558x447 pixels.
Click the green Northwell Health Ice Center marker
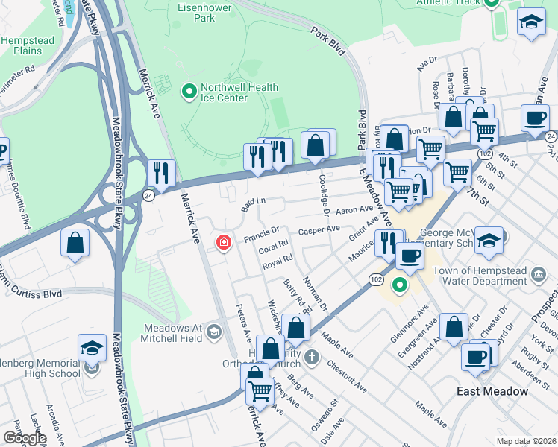tap(189, 92)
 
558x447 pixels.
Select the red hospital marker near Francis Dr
tap(222, 243)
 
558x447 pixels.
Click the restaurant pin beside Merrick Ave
tap(161, 174)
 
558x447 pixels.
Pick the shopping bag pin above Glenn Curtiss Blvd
tap(75, 244)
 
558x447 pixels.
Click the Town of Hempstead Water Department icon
tap(537, 276)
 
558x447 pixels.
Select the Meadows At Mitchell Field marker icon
tap(214, 331)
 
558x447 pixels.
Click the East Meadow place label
tap(492, 391)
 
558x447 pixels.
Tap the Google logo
tap(24, 438)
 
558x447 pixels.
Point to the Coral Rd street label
tap(274, 246)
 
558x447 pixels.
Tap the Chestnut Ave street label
tap(348, 378)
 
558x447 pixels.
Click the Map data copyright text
tap(526, 441)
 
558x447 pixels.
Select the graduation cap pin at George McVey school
tap(489, 240)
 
